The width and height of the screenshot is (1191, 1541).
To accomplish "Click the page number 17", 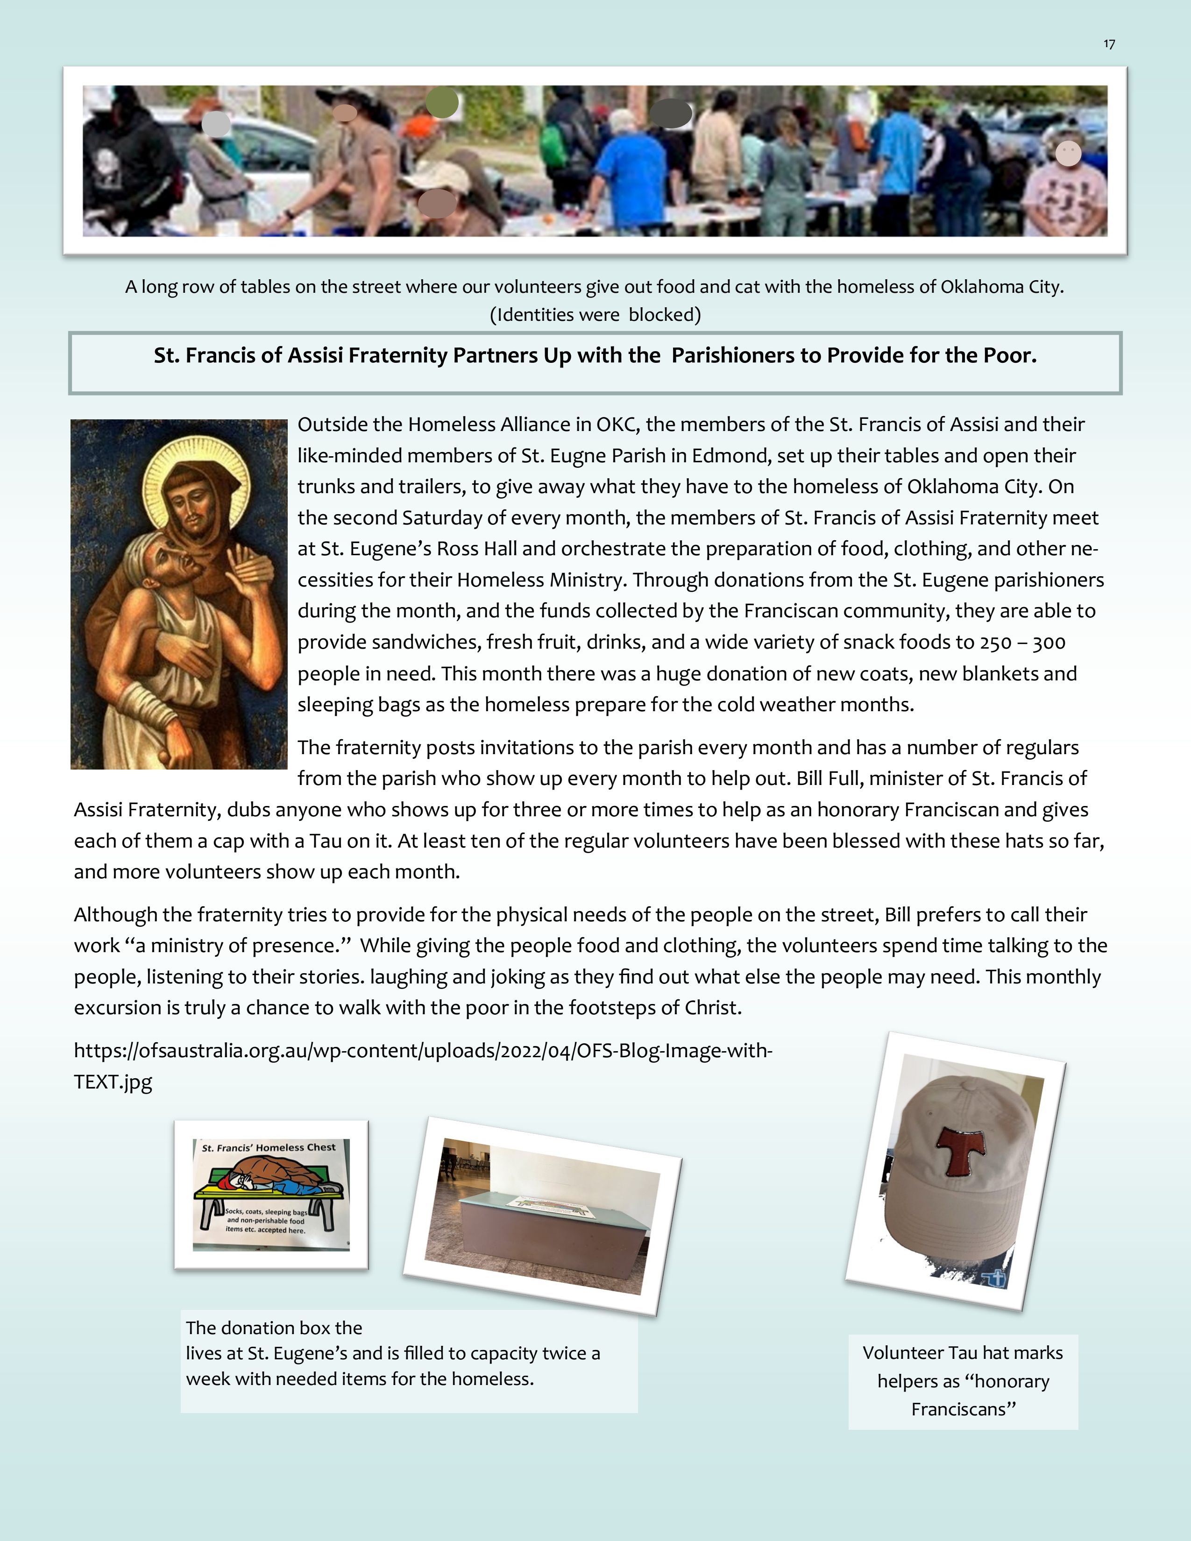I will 1109,44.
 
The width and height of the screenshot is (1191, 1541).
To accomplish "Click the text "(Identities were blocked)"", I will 595,315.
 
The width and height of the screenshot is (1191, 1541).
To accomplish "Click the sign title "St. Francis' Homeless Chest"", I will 269,1148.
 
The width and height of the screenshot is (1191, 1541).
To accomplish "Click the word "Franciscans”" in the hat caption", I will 963,1409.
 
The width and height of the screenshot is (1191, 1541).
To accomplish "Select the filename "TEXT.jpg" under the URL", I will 113,1082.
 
